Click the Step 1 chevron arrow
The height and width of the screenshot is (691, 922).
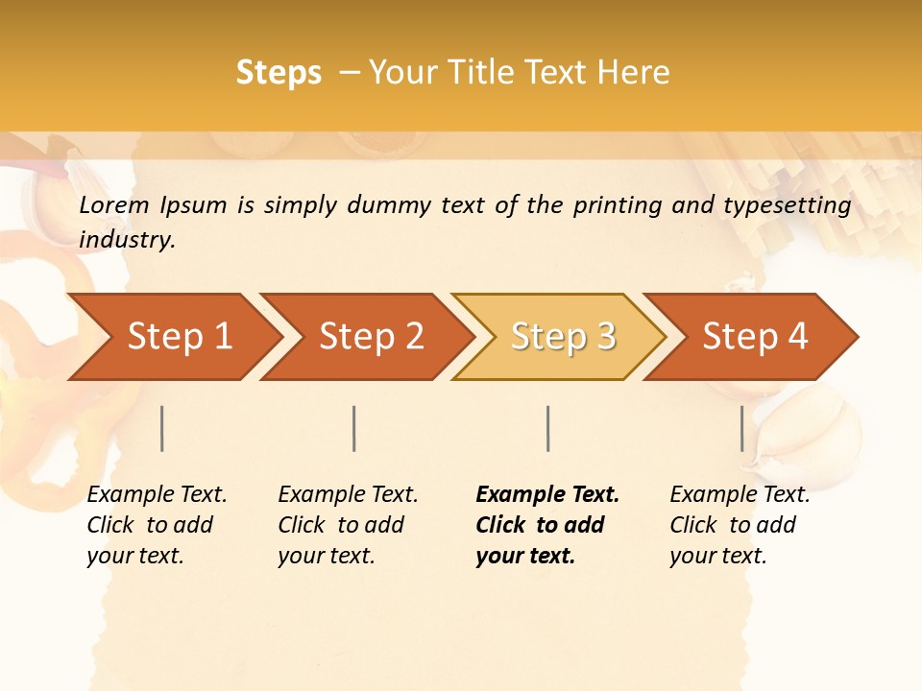173,337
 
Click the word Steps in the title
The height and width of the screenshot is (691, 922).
279,72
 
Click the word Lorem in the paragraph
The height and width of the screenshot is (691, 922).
113,204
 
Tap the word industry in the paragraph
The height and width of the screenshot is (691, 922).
126,240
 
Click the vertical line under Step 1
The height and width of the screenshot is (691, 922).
162,428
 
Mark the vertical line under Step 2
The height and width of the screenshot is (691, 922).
354,428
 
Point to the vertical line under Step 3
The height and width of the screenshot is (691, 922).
547,428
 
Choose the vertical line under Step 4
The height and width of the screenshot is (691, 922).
741,428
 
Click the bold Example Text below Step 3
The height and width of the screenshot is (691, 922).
547,495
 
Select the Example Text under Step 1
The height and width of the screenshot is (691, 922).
157,495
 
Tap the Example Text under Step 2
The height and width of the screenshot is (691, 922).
348,495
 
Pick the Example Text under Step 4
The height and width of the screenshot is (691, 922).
740,495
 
